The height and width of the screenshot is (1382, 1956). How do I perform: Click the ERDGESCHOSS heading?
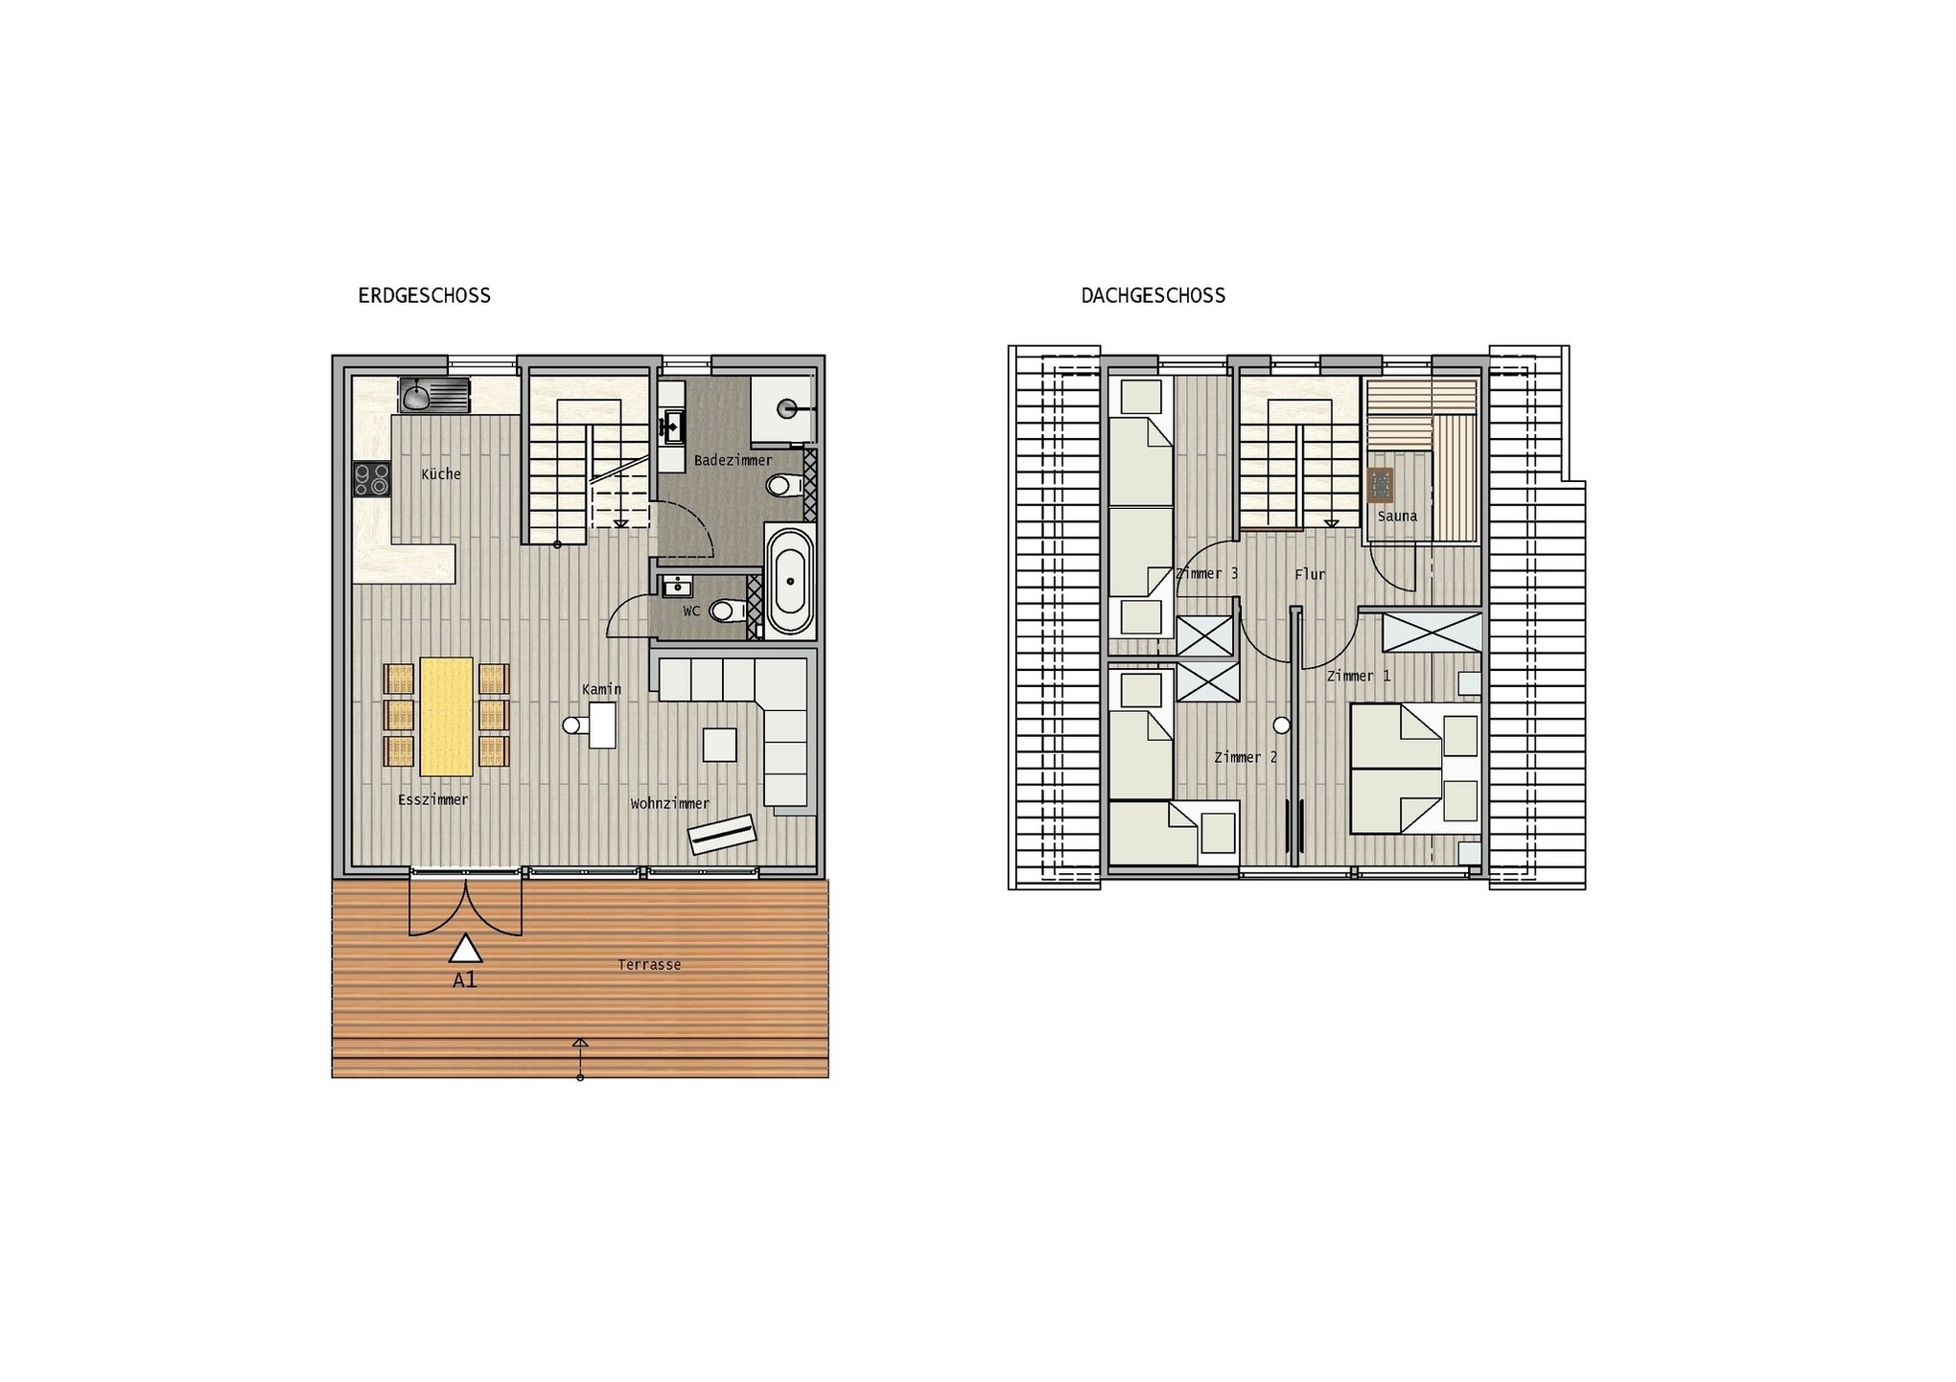click(x=424, y=295)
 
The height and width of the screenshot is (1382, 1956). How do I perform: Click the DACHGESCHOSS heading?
click(x=1153, y=295)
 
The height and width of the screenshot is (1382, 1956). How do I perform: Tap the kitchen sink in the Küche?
click(x=434, y=395)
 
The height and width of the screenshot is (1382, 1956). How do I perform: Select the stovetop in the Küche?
click(x=372, y=479)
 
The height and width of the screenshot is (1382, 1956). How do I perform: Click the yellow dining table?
click(x=446, y=716)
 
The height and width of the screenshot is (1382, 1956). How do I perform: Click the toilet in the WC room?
click(x=727, y=610)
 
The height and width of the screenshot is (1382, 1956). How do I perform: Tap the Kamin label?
click(x=601, y=689)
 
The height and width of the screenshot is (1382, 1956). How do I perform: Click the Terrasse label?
click(x=649, y=964)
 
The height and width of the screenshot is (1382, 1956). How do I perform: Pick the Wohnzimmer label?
click(x=669, y=803)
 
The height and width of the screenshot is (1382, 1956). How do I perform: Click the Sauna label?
click(x=1397, y=516)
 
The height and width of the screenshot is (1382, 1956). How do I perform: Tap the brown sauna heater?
click(x=1381, y=485)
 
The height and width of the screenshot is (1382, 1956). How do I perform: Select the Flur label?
click(x=1310, y=574)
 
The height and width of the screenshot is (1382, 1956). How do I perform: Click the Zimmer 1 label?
click(x=1359, y=676)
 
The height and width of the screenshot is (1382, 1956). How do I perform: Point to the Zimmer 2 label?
click(x=1246, y=757)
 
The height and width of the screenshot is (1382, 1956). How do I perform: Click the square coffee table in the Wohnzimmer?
click(x=719, y=745)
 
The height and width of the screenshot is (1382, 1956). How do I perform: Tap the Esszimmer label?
click(x=432, y=799)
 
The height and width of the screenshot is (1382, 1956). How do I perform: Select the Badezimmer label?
click(x=733, y=460)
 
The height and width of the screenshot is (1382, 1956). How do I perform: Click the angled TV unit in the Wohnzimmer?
click(x=722, y=834)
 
